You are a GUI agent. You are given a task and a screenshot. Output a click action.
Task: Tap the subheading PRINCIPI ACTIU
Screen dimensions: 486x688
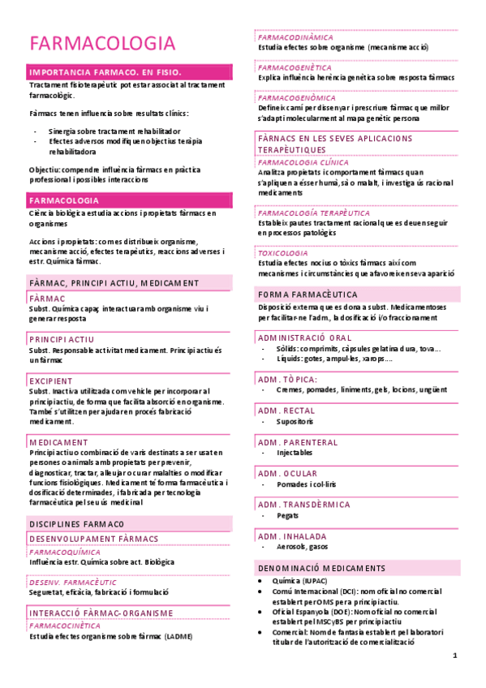61,339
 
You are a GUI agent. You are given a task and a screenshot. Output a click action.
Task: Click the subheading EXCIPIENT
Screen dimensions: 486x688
50,381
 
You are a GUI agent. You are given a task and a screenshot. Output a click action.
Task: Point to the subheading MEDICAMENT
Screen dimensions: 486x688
58,442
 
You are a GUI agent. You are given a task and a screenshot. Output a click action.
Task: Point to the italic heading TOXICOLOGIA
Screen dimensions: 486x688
283,253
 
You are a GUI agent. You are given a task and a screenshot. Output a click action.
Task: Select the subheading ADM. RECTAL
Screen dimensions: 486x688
286,411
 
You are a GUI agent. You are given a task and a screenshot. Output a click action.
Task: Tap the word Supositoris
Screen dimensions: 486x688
295,422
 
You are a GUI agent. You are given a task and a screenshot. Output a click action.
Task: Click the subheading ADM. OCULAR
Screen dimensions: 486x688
287,473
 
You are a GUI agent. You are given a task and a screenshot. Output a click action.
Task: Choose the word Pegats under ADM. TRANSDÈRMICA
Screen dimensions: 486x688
288,515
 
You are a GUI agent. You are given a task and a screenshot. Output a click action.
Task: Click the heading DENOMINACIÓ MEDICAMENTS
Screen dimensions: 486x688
322,568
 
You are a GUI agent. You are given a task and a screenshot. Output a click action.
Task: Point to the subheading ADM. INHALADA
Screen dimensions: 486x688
292,536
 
